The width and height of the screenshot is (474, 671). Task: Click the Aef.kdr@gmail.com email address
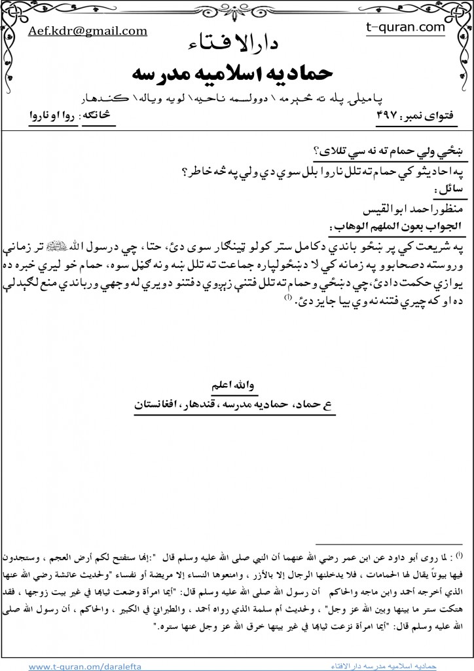[88, 31]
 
